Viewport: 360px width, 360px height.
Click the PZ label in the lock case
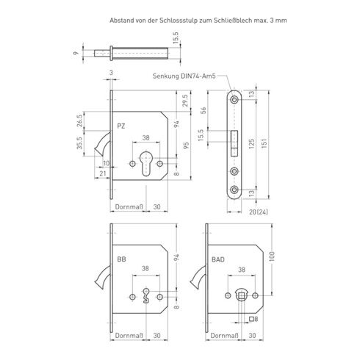[x=121, y=126]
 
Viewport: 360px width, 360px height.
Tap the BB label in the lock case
[x=121, y=259]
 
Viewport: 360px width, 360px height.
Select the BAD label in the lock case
[x=218, y=259]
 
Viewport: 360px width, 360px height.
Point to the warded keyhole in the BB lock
[x=146, y=295]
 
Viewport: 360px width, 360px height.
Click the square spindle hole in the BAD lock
[x=242, y=296]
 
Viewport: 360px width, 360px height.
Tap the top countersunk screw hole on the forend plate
[x=234, y=100]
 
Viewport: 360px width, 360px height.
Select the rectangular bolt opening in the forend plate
[x=234, y=143]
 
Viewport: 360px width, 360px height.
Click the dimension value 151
[x=264, y=144]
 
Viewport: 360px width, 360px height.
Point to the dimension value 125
[x=251, y=144]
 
